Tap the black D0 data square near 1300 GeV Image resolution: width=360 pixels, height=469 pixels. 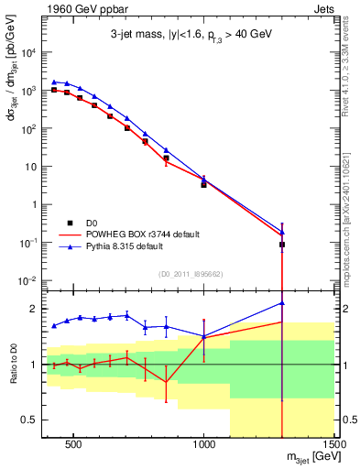pos(282,245)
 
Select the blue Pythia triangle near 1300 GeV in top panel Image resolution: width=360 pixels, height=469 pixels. pos(282,232)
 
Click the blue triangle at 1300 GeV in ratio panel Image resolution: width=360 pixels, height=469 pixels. pos(282,302)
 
